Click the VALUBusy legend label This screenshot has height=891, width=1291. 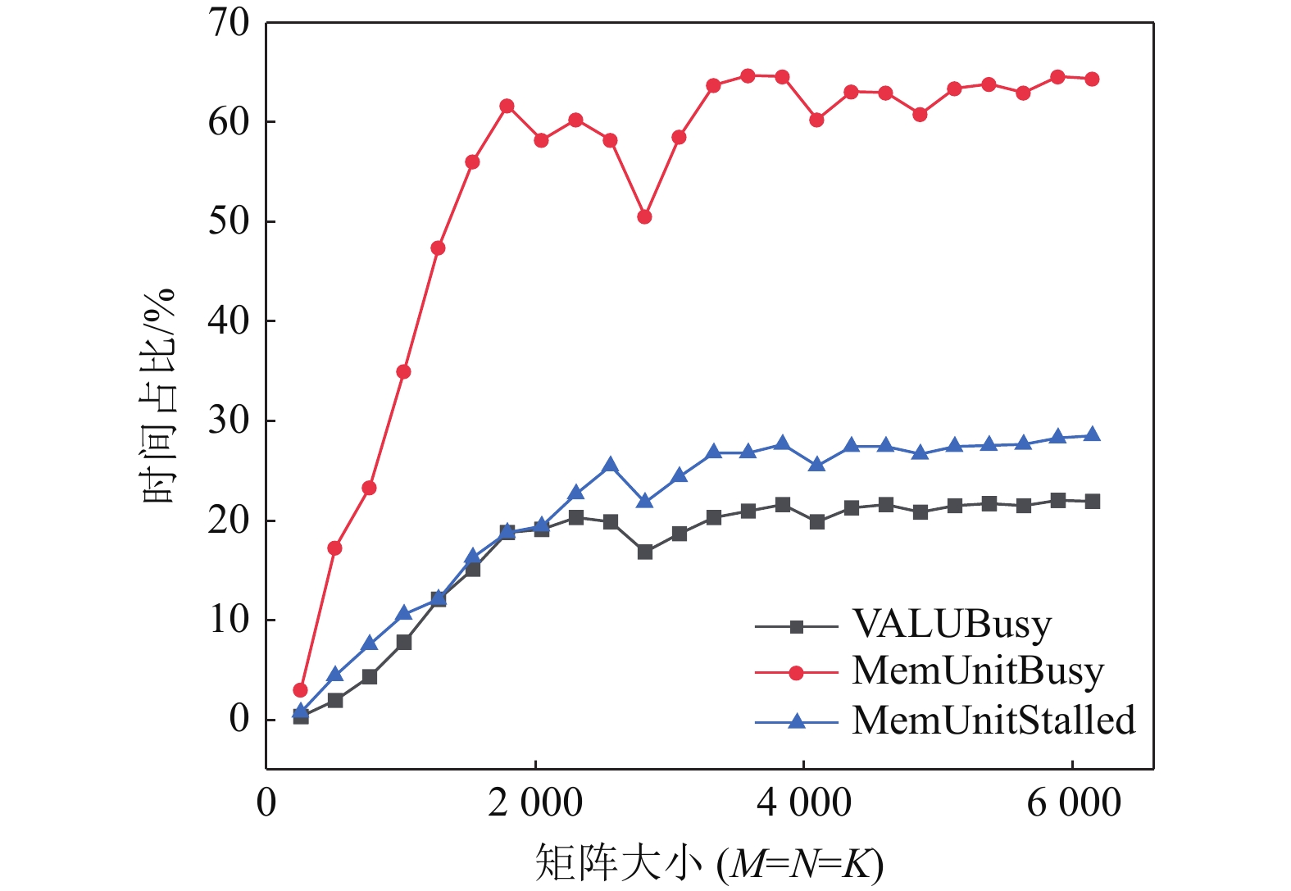pos(951,625)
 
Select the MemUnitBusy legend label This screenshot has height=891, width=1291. pos(977,671)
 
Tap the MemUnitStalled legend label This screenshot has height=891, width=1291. pos(993,721)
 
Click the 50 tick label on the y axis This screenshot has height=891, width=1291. pos(229,221)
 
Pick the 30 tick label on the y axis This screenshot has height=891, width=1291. pos(229,420)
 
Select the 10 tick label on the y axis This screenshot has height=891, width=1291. pos(229,620)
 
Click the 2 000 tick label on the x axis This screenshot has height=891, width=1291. pos(534,802)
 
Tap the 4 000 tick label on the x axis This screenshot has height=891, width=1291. pos(803,802)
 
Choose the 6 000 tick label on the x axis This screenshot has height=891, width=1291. pos(1073,802)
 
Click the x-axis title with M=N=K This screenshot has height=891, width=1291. pos(709,863)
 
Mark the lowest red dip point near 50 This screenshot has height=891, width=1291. pos(644,217)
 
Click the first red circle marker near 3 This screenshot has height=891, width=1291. pos(300,690)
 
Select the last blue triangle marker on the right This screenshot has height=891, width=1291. pos(1092,434)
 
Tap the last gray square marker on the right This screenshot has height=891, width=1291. pos(1092,502)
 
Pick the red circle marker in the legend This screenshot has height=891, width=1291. pos(796,674)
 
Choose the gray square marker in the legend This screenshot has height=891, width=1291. pos(796,627)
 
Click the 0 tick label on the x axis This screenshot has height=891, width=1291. pos(266,802)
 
